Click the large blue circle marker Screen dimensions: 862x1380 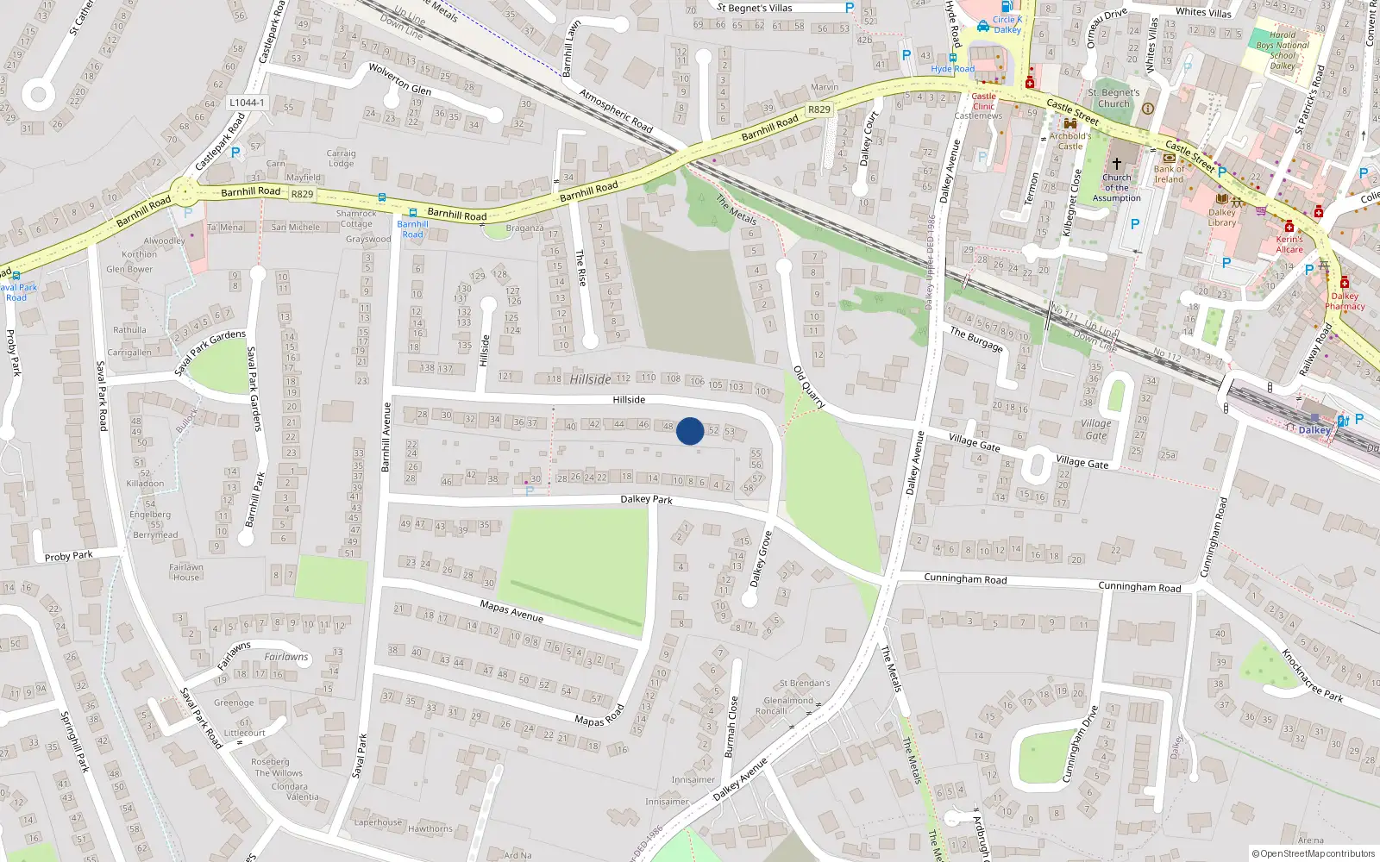click(690, 431)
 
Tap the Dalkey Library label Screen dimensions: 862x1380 click(1221, 217)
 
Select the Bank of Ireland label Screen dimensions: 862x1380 click(1169, 174)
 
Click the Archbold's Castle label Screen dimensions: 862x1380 click(1069, 141)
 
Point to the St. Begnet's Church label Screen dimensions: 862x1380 click(1113, 98)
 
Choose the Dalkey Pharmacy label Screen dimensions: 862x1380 click(1345, 301)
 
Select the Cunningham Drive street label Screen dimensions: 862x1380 click(1079, 744)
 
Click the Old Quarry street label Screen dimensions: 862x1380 click(809, 387)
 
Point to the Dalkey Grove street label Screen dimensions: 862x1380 click(760, 559)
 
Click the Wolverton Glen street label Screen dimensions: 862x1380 click(399, 78)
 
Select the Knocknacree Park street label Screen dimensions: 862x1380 click(1311, 675)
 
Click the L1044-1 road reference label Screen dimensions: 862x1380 click(247, 103)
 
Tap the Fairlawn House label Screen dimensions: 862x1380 click(186, 572)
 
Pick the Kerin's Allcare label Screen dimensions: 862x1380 click(1289, 245)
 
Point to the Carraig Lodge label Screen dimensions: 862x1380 click(341, 159)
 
